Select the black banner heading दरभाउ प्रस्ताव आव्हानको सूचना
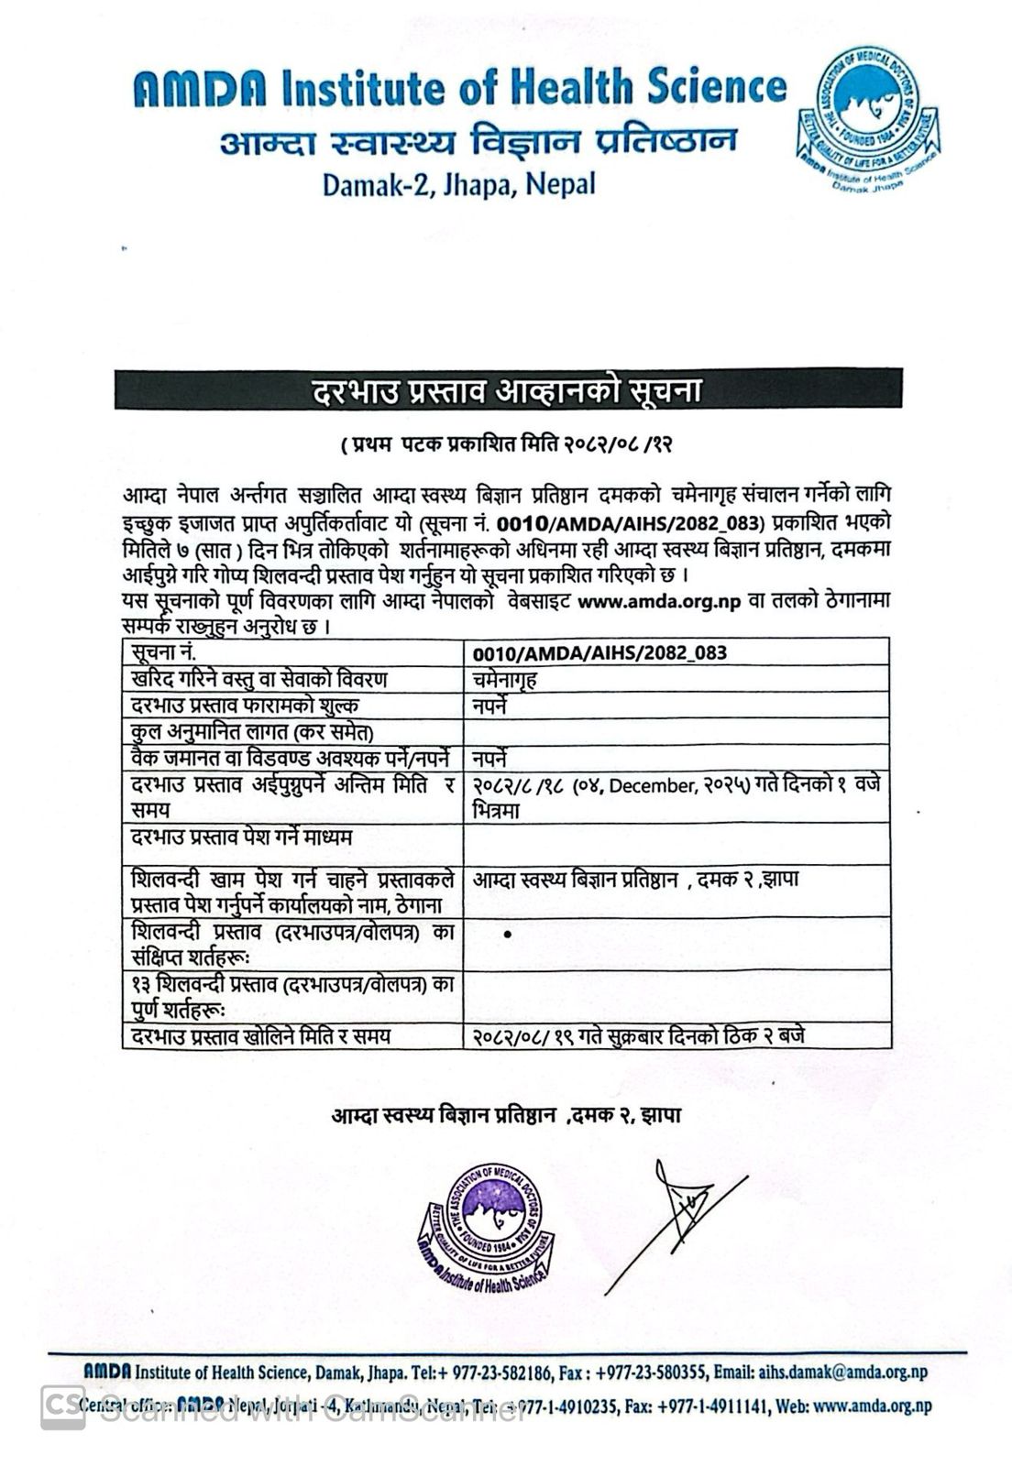coord(508,389)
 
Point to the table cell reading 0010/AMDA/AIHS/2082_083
coord(599,652)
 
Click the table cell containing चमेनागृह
coord(505,680)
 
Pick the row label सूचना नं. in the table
coord(164,652)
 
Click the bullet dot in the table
coord(508,935)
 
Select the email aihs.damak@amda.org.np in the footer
coord(843,1372)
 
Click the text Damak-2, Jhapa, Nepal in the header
coord(458,184)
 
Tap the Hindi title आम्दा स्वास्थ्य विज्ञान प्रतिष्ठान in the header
coord(478,141)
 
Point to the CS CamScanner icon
coord(63,1406)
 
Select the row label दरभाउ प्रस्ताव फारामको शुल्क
coord(245,706)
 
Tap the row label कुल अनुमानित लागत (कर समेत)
coord(252,732)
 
